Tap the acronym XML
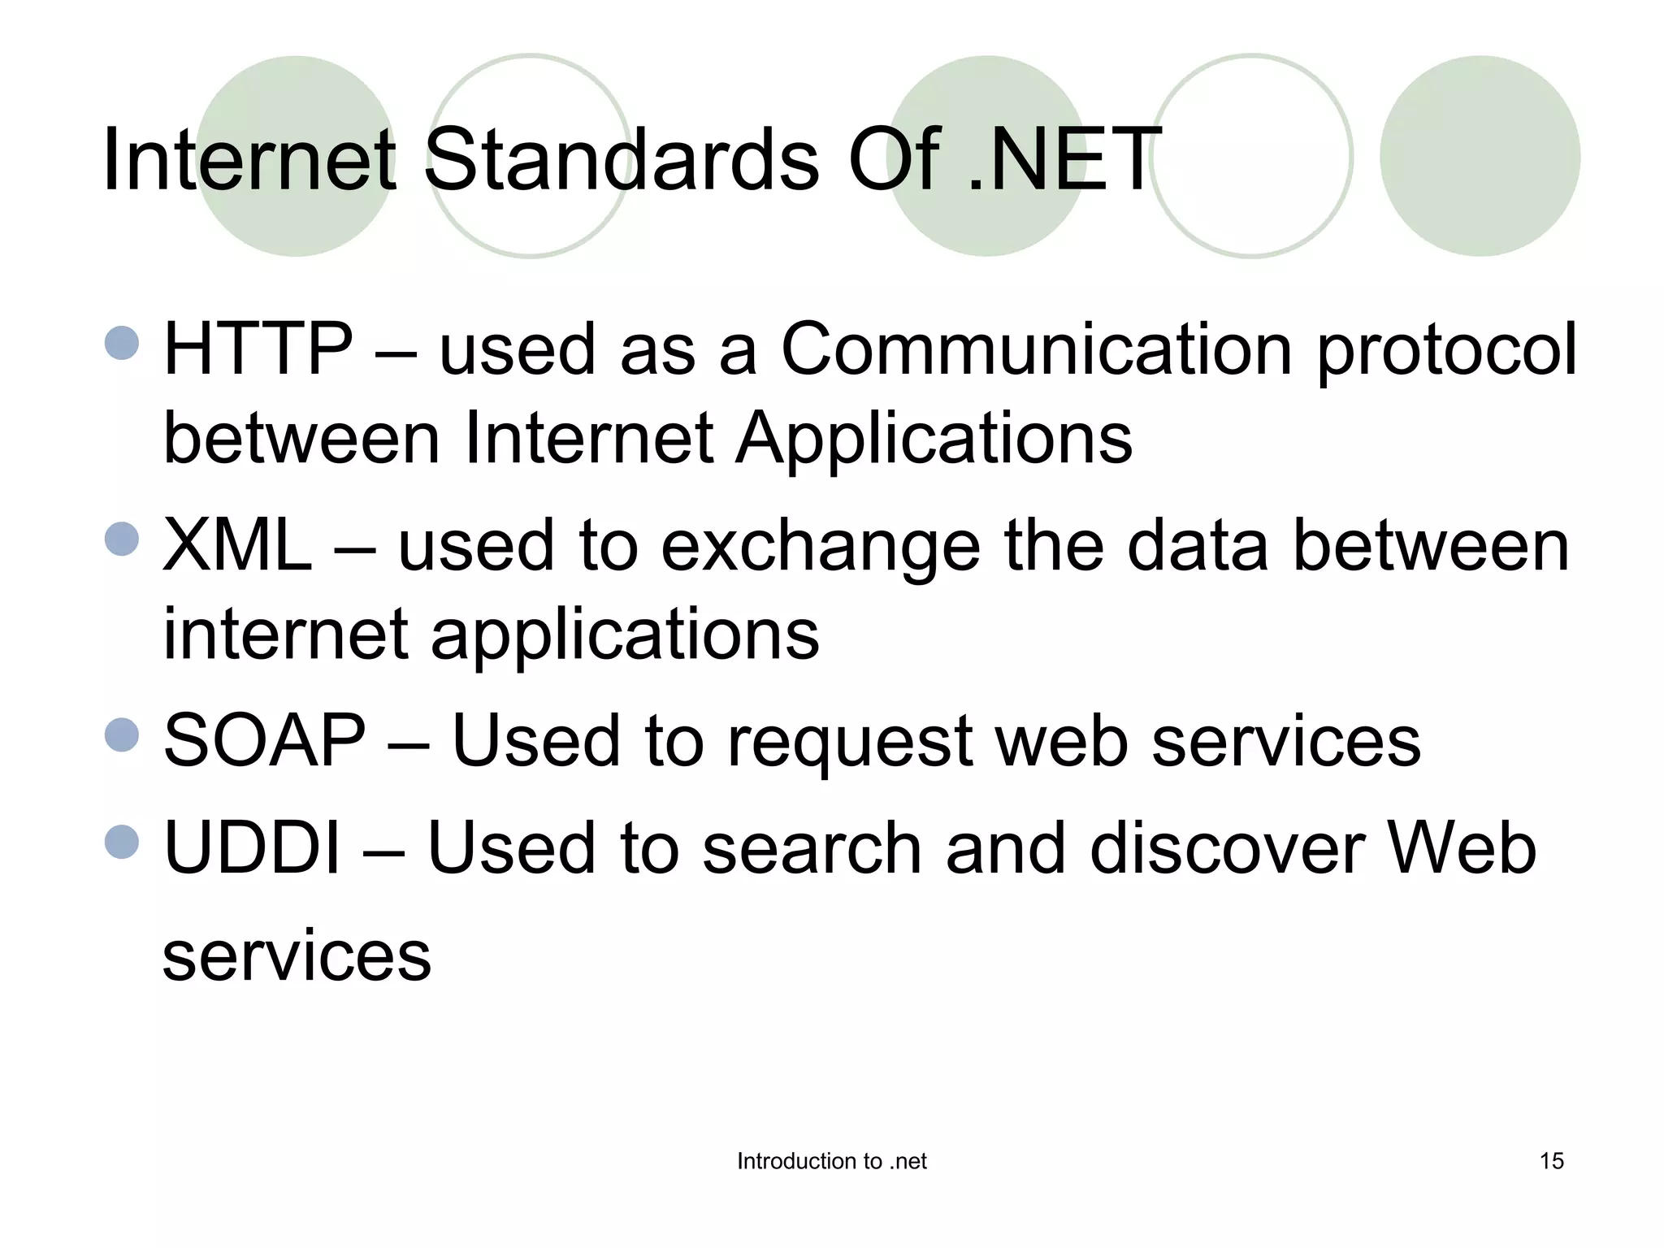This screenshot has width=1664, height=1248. pos(237,545)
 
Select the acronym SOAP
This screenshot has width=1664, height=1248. pos(265,740)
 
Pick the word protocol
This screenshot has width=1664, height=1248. pos(1446,352)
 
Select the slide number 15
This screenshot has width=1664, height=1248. pos(1551,1161)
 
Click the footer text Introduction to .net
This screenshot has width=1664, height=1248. pos(831,1161)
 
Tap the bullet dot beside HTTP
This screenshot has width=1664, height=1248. pos(123,342)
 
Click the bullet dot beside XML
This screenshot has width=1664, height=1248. pos(123,539)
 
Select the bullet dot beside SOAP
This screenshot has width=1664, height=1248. pos(123,734)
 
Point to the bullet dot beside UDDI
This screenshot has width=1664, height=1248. pos(123,842)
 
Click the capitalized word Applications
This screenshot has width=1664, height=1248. pos(934,440)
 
